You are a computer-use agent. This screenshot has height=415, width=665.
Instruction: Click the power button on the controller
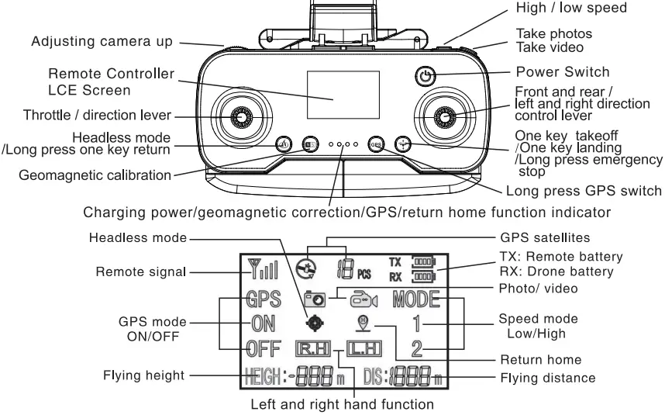424,76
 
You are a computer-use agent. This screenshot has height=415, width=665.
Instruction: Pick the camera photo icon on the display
315,298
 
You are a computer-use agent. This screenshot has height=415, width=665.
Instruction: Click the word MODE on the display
415,299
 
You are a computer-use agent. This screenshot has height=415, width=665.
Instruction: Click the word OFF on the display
263,346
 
